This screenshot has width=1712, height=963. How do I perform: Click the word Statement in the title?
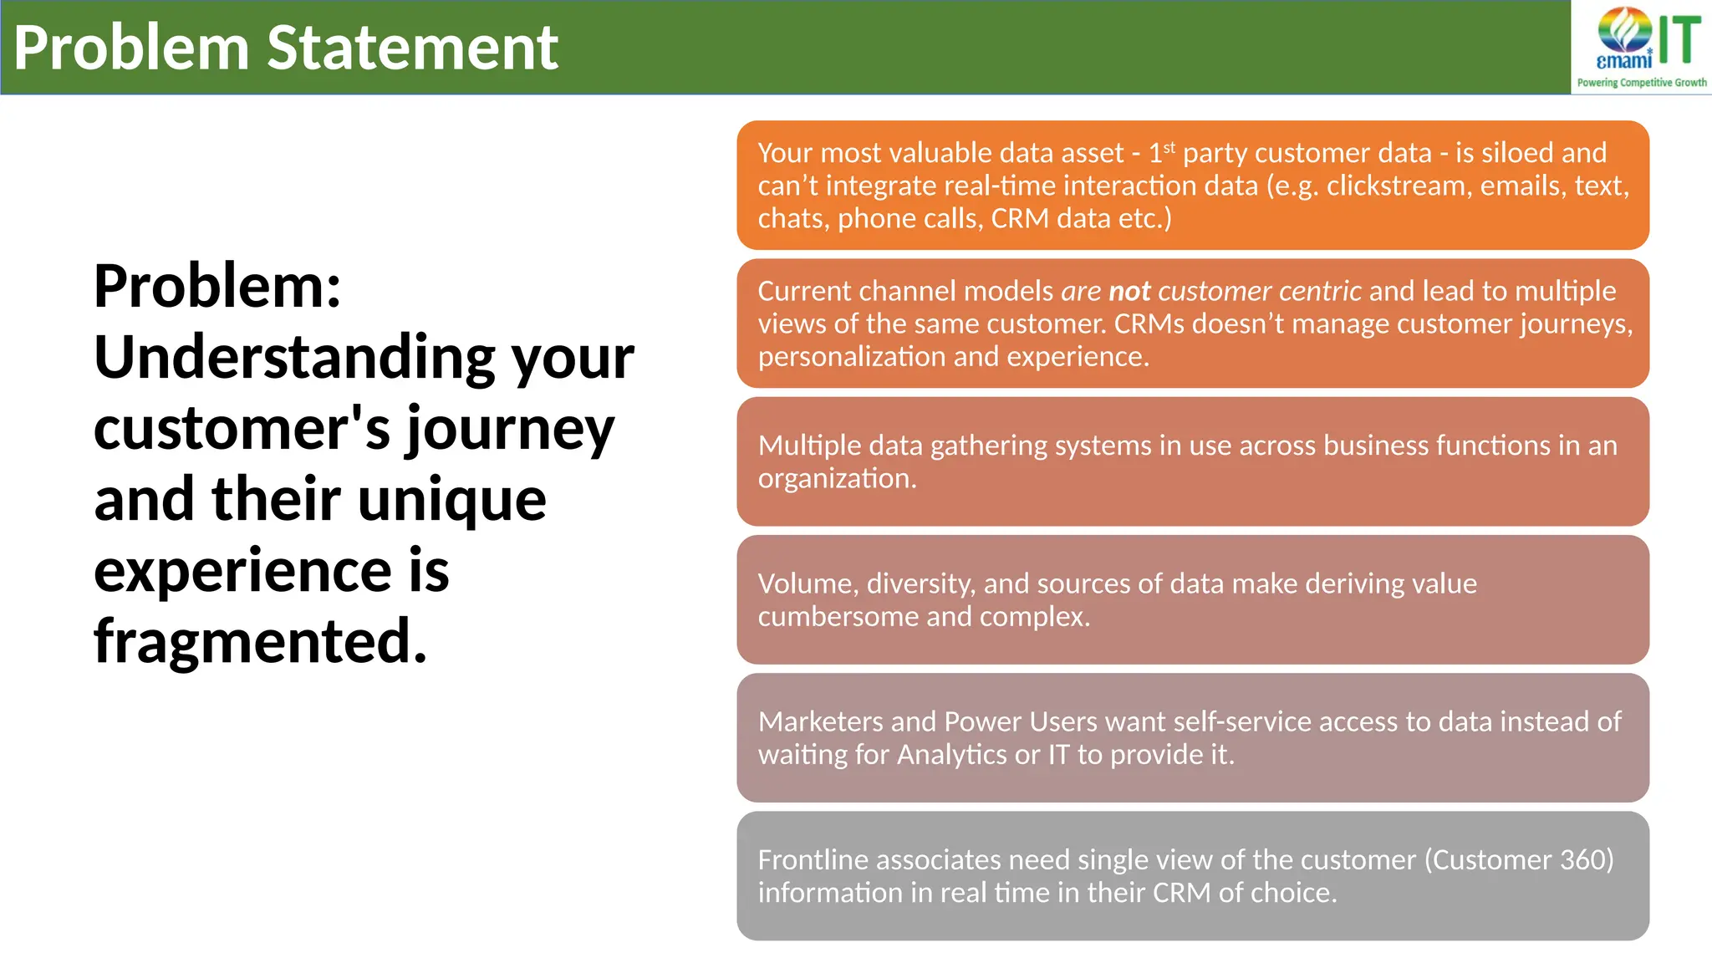point(412,48)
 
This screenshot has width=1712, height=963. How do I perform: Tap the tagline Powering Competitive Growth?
point(1641,83)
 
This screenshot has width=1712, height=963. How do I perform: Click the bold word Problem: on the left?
point(217,287)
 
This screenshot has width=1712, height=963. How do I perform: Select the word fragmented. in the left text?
point(260,642)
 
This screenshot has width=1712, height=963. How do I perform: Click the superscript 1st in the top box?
point(1161,152)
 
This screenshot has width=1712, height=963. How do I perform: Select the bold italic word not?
point(1129,291)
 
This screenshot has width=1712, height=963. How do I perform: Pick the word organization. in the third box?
point(837,479)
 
